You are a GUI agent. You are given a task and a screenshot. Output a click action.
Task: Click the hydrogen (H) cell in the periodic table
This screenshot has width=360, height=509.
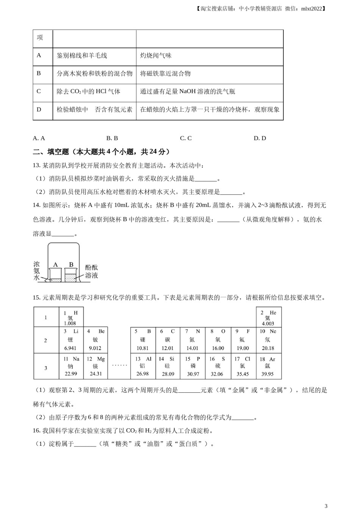pyautogui.click(x=70, y=318)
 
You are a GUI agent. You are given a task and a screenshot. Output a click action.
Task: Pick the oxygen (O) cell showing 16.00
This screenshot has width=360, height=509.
pyautogui.click(x=218, y=340)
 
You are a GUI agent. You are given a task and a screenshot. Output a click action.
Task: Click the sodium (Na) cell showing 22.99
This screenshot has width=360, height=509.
pyautogui.click(x=71, y=366)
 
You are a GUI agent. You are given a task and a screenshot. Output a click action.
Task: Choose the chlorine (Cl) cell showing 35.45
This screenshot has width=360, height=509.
pyautogui.click(x=243, y=366)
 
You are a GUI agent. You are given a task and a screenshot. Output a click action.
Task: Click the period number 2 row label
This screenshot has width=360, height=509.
pyautogui.click(x=46, y=340)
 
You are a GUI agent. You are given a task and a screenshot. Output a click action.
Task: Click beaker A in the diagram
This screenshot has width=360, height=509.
pyautogui.click(x=55, y=275)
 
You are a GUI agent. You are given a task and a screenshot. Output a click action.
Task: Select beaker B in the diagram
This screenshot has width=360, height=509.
pyautogui.click(x=70, y=275)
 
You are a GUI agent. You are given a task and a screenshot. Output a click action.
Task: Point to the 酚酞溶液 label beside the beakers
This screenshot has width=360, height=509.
pyautogui.click(x=91, y=271)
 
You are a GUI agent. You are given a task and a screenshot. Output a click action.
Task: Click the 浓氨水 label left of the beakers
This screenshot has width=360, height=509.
pyautogui.click(x=36, y=270)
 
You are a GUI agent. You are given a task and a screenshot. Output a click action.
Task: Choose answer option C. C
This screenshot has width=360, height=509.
pyautogui.click(x=186, y=138)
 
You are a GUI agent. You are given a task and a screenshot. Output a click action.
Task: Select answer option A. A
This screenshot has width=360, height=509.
pyautogui.click(x=39, y=138)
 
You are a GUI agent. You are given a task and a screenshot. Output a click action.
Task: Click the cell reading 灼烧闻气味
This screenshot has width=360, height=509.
pyautogui.click(x=156, y=56)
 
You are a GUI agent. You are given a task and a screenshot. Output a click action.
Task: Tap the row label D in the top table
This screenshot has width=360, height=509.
pyautogui.click(x=39, y=109)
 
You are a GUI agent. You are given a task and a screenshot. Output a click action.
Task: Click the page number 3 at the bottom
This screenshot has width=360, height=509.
pyautogui.click(x=326, y=505)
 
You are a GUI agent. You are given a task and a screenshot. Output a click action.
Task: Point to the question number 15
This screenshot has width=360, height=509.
pyautogui.click(x=36, y=298)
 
